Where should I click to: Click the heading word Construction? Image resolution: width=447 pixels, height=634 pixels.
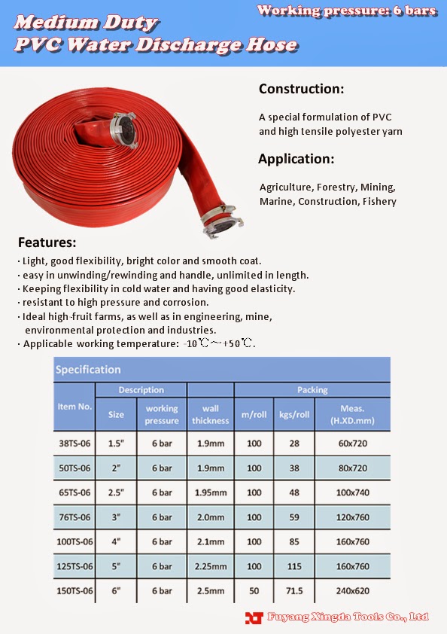click(301, 89)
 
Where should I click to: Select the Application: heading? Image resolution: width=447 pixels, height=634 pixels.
click(296, 159)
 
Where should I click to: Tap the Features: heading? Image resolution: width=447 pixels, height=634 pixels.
click(47, 242)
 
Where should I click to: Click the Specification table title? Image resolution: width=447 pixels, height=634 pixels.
click(88, 369)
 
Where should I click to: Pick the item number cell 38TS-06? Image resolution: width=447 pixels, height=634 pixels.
click(74, 443)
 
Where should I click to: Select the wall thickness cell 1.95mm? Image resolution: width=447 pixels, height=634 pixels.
click(210, 492)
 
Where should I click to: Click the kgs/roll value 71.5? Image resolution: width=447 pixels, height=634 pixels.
click(293, 591)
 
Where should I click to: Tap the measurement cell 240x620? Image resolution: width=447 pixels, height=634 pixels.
click(353, 591)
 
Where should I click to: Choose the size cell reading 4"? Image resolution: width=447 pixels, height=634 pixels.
click(116, 541)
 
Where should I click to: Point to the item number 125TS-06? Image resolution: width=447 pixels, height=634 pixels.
click(74, 566)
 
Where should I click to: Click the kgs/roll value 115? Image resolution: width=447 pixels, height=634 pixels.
click(293, 566)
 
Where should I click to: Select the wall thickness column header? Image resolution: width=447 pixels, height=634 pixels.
click(210, 415)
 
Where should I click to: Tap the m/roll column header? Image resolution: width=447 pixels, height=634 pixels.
click(254, 415)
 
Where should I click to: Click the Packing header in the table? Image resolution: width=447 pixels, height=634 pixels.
click(312, 390)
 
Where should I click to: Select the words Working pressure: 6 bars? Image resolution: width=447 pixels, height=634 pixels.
click(346, 11)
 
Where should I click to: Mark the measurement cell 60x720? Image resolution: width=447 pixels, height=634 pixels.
click(353, 443)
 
